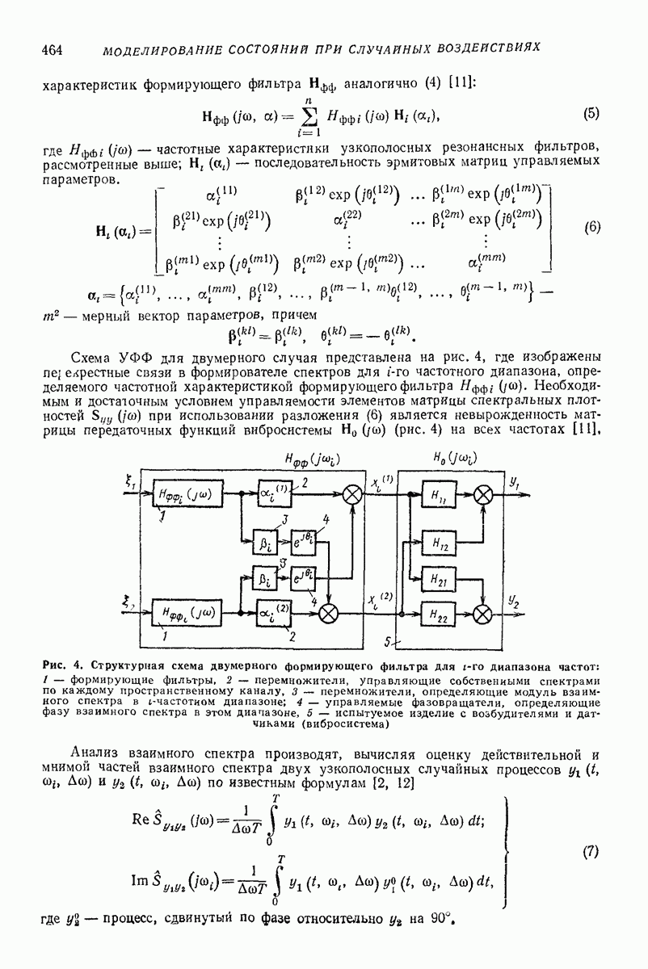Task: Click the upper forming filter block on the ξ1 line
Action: click(187, 493)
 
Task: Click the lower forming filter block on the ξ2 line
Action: click(187, 614)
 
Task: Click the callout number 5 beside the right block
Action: click(387, 641)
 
